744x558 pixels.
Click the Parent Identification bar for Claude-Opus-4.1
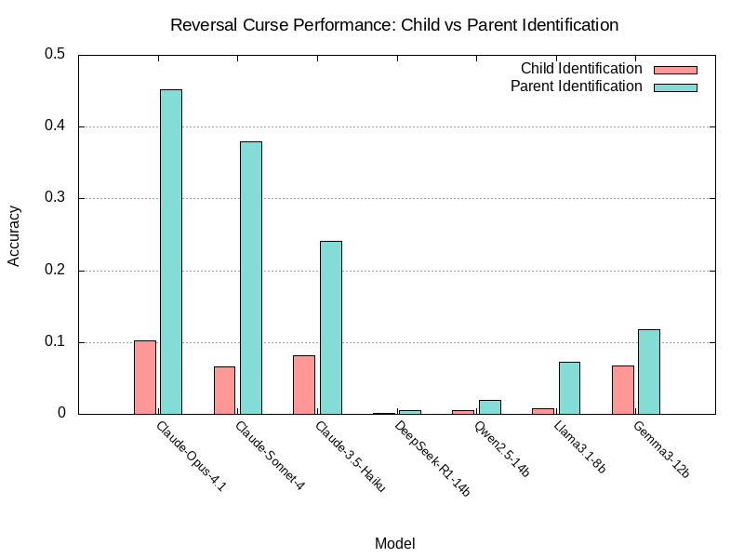170,251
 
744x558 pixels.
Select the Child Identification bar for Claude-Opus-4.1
144,377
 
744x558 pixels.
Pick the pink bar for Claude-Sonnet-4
224,390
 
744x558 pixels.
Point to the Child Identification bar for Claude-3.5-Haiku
304,384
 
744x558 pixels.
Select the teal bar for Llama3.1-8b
569,388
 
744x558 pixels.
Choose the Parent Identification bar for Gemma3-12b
649,371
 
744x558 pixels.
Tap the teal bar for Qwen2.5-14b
489,406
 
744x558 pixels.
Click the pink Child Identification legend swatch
675,70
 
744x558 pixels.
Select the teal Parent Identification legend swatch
675,87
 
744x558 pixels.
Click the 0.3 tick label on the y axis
55,199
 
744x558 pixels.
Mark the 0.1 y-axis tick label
55,342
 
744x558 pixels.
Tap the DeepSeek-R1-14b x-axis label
432,458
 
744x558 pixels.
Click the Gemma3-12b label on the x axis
660,449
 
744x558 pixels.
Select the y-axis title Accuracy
14,234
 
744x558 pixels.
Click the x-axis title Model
394,543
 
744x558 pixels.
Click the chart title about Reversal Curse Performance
394,24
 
